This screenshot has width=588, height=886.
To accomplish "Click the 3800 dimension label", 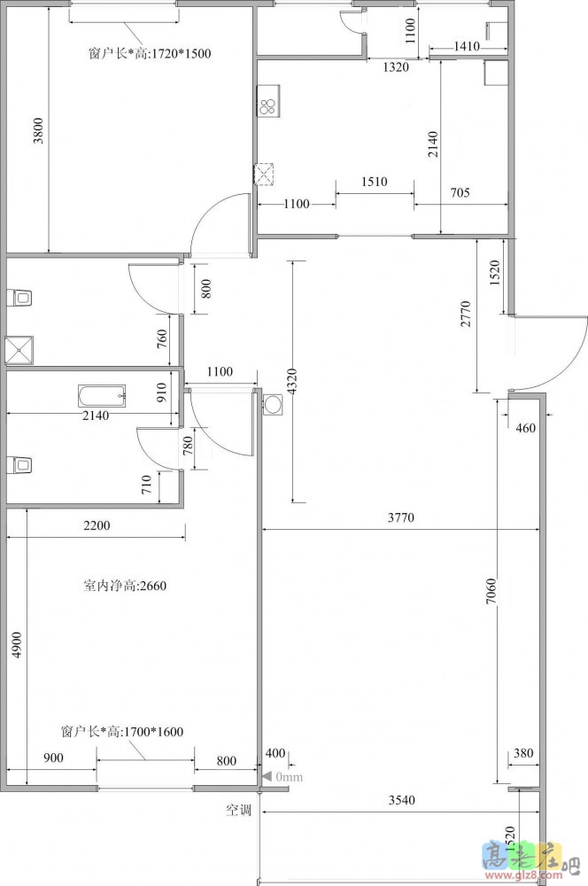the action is tap(38, 130).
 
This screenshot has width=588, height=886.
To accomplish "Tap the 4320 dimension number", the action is tap(291, 381).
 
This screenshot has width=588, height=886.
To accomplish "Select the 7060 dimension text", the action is tap(491, 591).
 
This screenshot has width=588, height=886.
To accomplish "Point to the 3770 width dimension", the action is tap(401, 517).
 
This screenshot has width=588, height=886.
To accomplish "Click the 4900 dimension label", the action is tap(17, 645).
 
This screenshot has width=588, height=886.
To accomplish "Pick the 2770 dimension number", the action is tap(466, 315).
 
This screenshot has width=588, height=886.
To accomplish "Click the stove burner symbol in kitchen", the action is tap(267, 105).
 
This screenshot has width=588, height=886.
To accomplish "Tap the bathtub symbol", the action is tap(102, 395).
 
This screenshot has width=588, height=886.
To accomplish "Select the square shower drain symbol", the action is tap(19, 350).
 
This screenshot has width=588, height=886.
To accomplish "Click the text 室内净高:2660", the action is tap(125, 586).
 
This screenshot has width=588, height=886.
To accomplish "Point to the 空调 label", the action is tap(238, 811).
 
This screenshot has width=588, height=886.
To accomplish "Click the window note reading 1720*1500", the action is tap(150, 54).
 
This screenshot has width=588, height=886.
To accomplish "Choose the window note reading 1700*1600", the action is tap(122, 732).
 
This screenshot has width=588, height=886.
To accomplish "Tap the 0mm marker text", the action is tap(290, 777).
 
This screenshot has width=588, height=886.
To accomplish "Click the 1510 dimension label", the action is tap(374, 182).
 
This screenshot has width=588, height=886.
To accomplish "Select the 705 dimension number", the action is tap(460, 192).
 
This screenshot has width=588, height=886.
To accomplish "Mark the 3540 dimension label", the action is tap(402, 800).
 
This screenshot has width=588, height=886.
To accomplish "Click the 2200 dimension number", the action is tap(97, 525).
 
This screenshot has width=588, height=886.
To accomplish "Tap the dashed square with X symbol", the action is tap(264, 174).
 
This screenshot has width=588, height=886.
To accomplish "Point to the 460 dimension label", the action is tap(525, 428).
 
